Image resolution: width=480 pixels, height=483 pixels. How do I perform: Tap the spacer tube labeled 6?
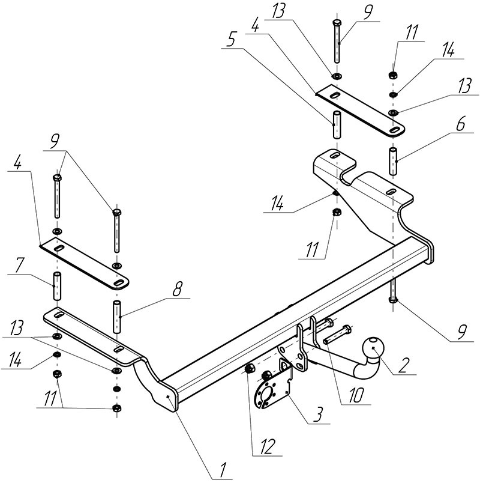point(393,160)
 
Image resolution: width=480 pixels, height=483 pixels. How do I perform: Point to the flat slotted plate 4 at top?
point(359,110)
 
